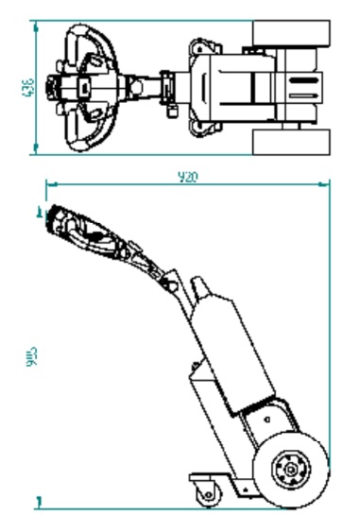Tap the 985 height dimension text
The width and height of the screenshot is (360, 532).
[30, 358]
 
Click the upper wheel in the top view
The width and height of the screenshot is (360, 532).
[292, 34]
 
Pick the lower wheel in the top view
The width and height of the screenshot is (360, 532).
[292, 143]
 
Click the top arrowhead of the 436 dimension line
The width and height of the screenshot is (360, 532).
[36, 26]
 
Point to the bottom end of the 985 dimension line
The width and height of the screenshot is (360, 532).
[39, 497]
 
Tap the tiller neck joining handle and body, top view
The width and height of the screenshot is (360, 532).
[151, 86]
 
